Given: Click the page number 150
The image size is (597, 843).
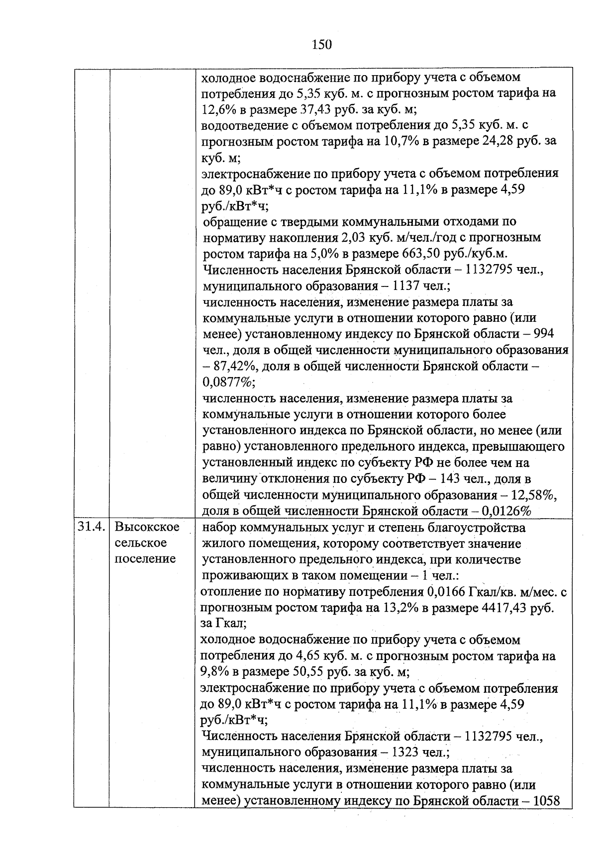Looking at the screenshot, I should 321,45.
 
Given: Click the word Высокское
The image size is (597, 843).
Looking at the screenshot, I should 147,526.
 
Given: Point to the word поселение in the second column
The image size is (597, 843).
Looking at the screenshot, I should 145,559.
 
